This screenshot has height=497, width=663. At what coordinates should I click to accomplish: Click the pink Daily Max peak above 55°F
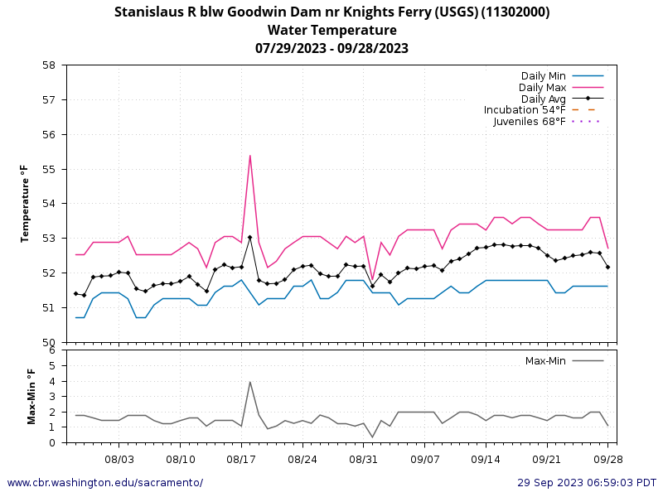[249, 156]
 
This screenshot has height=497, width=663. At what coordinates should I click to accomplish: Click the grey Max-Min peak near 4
[249, 382]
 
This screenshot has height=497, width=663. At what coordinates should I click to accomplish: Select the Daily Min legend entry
[543, 76]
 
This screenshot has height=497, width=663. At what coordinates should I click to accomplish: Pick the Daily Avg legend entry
[543, 99]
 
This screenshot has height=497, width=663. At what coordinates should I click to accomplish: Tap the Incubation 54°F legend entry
[525, 110]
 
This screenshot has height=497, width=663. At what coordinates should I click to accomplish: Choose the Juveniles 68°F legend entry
[530, 122]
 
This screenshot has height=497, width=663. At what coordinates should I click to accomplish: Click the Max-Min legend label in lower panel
[545, 361]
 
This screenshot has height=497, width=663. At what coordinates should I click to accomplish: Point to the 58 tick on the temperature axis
[49, 65]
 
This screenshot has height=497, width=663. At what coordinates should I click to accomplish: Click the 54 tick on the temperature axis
[49, 204]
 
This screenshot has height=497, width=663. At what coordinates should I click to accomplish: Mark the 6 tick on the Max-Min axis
[52, 350]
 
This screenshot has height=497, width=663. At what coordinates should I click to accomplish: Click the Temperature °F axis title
[25, 204]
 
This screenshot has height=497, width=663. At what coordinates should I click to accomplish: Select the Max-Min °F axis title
[31, 396]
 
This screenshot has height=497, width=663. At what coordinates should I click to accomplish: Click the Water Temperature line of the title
[331, 30]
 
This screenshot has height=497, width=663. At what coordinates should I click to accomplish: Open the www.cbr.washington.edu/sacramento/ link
[104, 483]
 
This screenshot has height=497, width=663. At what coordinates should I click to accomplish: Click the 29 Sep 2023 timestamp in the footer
[587, 483]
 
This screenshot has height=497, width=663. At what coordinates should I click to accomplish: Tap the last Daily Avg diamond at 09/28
[607, 267]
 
